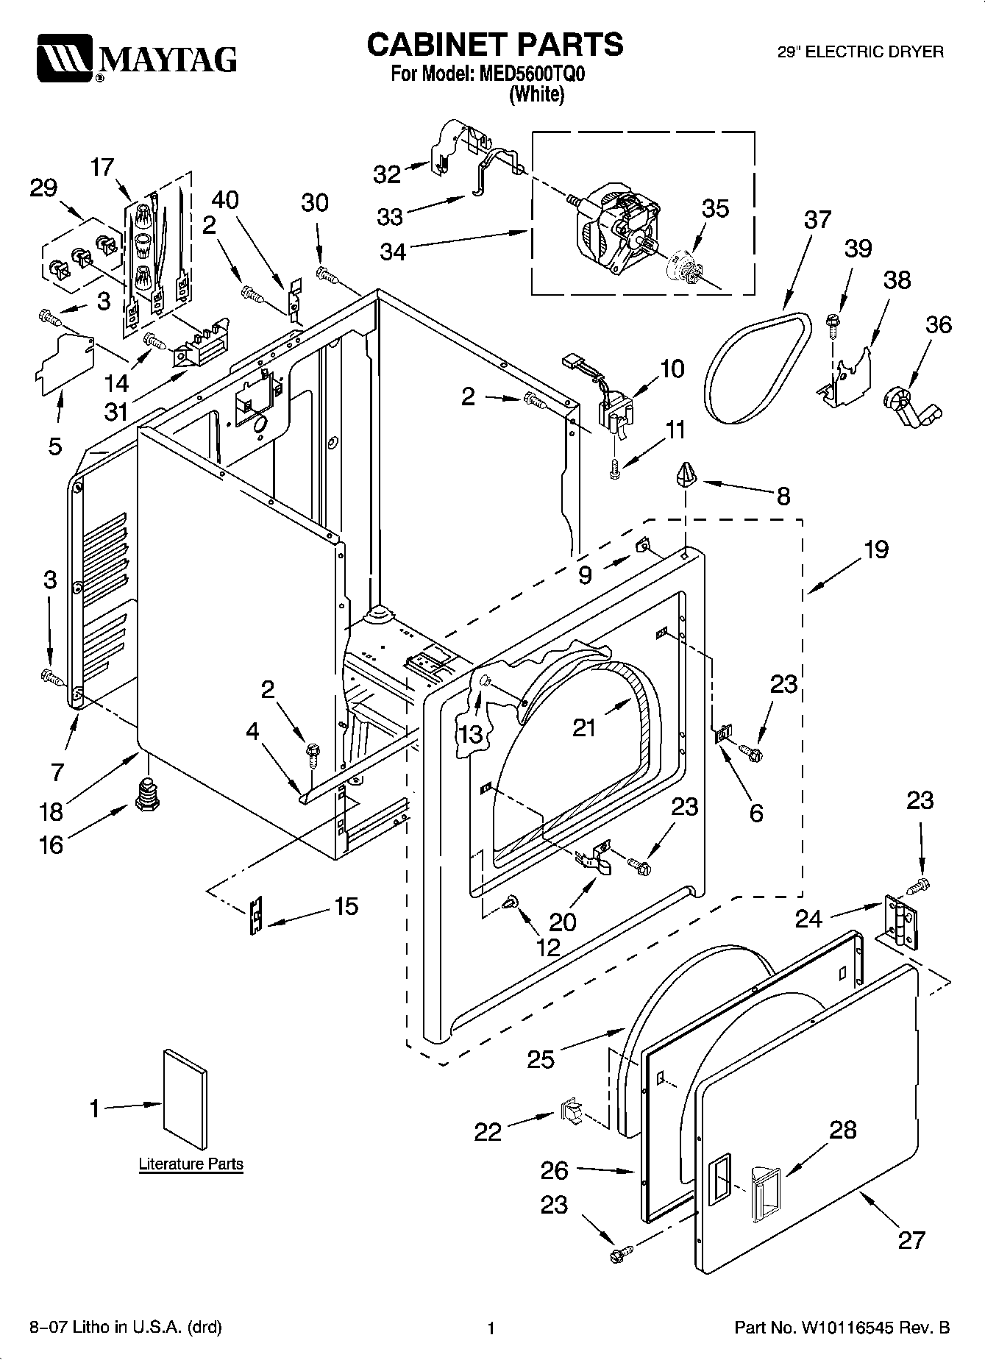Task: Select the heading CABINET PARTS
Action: click(x=494, y=46)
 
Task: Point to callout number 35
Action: click(x=715, y=209)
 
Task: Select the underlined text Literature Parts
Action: click(x=191, y=1164)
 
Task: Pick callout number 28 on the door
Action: click(x=843, y=1130)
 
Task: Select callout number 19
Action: click(x=877, y=549)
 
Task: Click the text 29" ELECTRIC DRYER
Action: click(x=861, y=52)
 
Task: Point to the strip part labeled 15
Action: click(x=255, y=915)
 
